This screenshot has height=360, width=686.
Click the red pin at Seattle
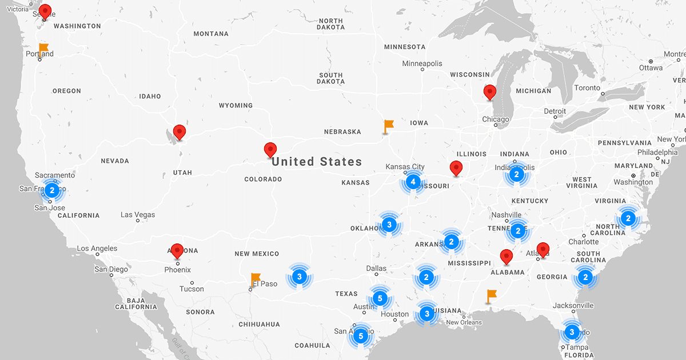pyautogui.click(x=45, y=11)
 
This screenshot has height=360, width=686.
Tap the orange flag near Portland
pyautogui.click(x=43, y=48)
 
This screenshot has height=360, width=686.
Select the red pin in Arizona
pyautogui.click(x=177, y=250)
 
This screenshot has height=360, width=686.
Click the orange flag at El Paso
pyautogui.click(x=256, y=279)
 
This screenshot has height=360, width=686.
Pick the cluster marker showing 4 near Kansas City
pyautogui.click(x=413, y=182)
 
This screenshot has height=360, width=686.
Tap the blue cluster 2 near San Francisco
pyautogui.click(x=52, y=190)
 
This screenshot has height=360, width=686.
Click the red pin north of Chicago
pyautogui.click(x=489, y=91)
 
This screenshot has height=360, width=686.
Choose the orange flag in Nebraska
pyautogui.click(x=389, y=125)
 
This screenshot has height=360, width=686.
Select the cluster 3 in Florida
pyautogui.click(x=572, y=331)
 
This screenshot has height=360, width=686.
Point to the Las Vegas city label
pyautogui.click(x=138, y=215)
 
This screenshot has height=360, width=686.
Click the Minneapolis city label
pyautogui.click(x=422, y=63)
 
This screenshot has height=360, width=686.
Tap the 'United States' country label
pyautogui.click(x=317, y=162)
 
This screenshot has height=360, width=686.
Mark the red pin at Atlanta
pyautogui.click(x=543, y=249)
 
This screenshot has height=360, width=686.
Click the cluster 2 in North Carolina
pyautogui.click(x=628, y=218)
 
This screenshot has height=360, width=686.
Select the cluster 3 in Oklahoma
pyautogui.click(x=389, y=224)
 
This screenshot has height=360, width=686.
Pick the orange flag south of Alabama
pyautogui.click(x=491, y=295)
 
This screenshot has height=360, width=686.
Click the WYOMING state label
pyautogui.click(x=236, y=106)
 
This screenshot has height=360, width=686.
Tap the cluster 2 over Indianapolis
pyautogui.click(x=516, y=174)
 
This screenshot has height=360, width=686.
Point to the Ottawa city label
pyautogui.click(x=651, y=67)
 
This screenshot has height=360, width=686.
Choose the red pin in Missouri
pyautogui.click(x=456, y=168)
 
